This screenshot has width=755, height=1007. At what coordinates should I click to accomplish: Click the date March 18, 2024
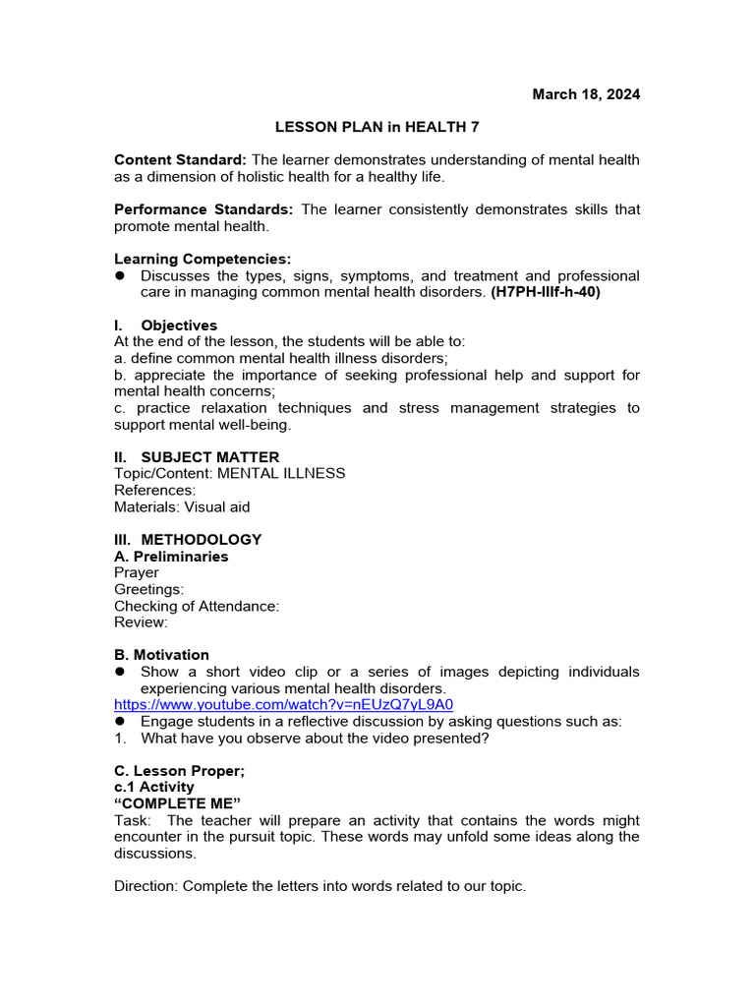(586, 94)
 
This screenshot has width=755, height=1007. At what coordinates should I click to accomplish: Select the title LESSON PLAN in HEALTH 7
(377, 127)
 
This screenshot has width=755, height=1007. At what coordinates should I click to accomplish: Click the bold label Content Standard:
(182, 160)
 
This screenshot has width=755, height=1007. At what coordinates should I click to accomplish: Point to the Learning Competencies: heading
(203, 259)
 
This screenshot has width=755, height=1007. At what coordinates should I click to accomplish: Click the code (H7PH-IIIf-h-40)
(546, 292)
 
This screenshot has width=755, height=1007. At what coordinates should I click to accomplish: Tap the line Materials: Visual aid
(182, 507)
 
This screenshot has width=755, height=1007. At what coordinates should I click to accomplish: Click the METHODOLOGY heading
(201, 540)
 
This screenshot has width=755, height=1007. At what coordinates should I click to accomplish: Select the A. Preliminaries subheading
(171, 557)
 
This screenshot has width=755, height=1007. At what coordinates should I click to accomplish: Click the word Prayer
(136, 573)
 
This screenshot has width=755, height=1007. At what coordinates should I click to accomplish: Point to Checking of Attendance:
(197, 606)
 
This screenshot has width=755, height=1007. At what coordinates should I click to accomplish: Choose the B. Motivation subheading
(161, 655)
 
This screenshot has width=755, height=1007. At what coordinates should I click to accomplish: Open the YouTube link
(283, 705)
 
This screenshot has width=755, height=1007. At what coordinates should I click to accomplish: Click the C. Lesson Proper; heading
(179, 771)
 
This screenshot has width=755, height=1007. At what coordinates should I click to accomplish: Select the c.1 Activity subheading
(154, 788)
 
